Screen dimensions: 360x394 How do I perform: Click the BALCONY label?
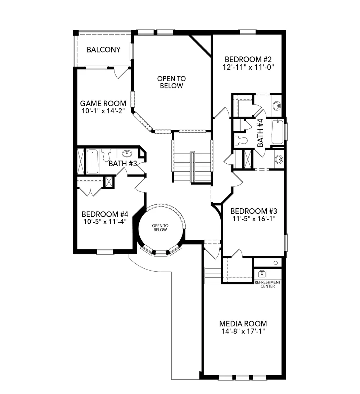coord(103,50)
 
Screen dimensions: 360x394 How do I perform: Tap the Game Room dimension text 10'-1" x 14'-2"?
coord(103,111)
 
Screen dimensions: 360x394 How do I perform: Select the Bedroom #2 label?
coord(248,60)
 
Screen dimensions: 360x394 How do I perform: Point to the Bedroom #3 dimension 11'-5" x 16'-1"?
coord(254,219)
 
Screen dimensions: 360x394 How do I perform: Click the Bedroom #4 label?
coord(105,214)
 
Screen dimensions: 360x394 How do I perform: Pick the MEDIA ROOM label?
coord(243,323)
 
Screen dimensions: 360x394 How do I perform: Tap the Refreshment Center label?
coord(267,284)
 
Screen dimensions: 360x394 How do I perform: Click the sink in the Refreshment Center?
coord(262,273)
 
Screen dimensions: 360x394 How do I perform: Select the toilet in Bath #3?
coord(106,155)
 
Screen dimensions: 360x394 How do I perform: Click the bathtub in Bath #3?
coord(92,161)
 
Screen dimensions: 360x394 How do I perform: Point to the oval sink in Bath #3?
coord(126,153)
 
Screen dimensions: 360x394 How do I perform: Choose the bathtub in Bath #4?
coord(277,132)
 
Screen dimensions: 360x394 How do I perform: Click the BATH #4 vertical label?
coord(260,133)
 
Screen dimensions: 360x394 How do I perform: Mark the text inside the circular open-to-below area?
coord(160,228)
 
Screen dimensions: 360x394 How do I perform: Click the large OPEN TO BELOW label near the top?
coord(171,82)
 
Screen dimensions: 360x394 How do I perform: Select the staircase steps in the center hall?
coord(192,167)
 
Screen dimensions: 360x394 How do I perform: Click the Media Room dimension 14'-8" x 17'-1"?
coord(243,331)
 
